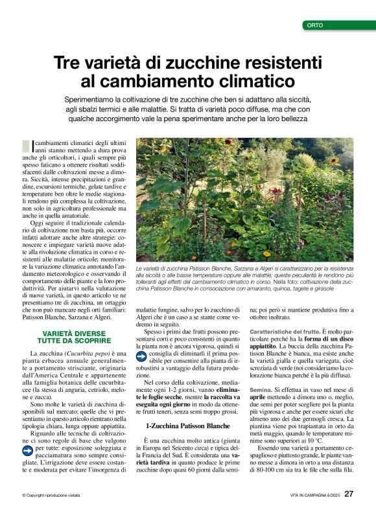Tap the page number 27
pyautogui.click(x=349, y=495)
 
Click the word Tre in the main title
pyautogui.click(x=67, y=63)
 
